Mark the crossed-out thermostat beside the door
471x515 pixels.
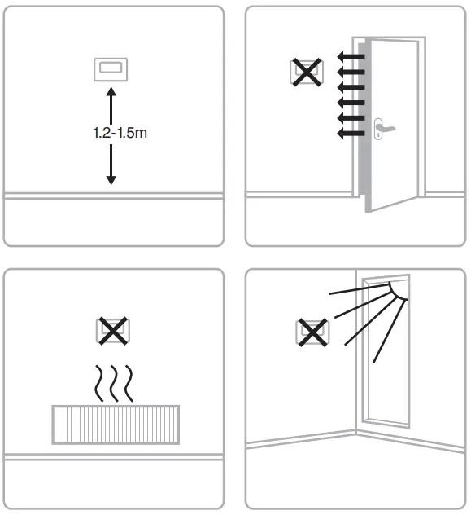click(x=306, y=73)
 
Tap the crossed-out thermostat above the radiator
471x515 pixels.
click(x=112, y=331)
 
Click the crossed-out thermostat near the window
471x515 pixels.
click(x=311, y=332)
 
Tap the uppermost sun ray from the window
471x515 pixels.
click(x=358, y=288)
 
